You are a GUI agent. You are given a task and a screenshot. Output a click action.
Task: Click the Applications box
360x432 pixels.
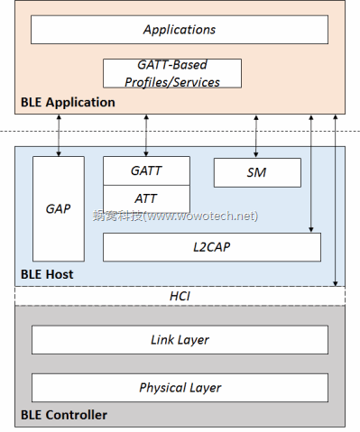(x=180, y=30)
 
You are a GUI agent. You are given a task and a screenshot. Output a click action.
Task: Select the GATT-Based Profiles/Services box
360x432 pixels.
(x=172, y=73)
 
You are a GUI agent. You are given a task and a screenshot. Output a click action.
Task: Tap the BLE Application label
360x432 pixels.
(x=68, y=103)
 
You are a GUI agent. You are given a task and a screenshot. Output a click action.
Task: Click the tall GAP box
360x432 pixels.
(x=58, y=208)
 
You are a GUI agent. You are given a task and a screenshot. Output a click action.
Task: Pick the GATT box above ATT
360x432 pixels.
(x=146, y=170)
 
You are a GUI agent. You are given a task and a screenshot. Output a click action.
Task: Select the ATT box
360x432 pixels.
(x=146, y=198)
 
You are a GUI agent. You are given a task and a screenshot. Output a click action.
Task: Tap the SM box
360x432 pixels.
(x=257, y=172)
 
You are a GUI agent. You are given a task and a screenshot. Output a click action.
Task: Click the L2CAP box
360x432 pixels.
(x=211, y=246)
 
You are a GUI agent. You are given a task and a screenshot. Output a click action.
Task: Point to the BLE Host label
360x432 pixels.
(x=47, y=274)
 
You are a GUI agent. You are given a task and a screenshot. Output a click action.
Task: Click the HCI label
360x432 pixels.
(x=180, y=296)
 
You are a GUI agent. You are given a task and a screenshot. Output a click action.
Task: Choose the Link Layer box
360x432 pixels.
(x=180, y=340)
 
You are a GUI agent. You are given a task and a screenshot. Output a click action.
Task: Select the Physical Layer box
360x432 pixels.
(x=180, y=387)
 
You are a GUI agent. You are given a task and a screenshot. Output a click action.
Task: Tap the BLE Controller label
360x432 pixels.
(x=63, y=415)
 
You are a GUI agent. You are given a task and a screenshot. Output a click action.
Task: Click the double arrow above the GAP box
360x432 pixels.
(x=58, y=135)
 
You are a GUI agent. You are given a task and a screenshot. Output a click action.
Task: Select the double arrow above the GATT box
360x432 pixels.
(x=145, y=135)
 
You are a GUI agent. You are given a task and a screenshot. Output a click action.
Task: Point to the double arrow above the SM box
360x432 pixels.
(x=257, y=135)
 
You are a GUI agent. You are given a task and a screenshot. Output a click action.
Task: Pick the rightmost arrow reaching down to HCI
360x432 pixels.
(x=334, y=198)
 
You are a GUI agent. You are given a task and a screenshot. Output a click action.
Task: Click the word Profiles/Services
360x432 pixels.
(x=172, y=81)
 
